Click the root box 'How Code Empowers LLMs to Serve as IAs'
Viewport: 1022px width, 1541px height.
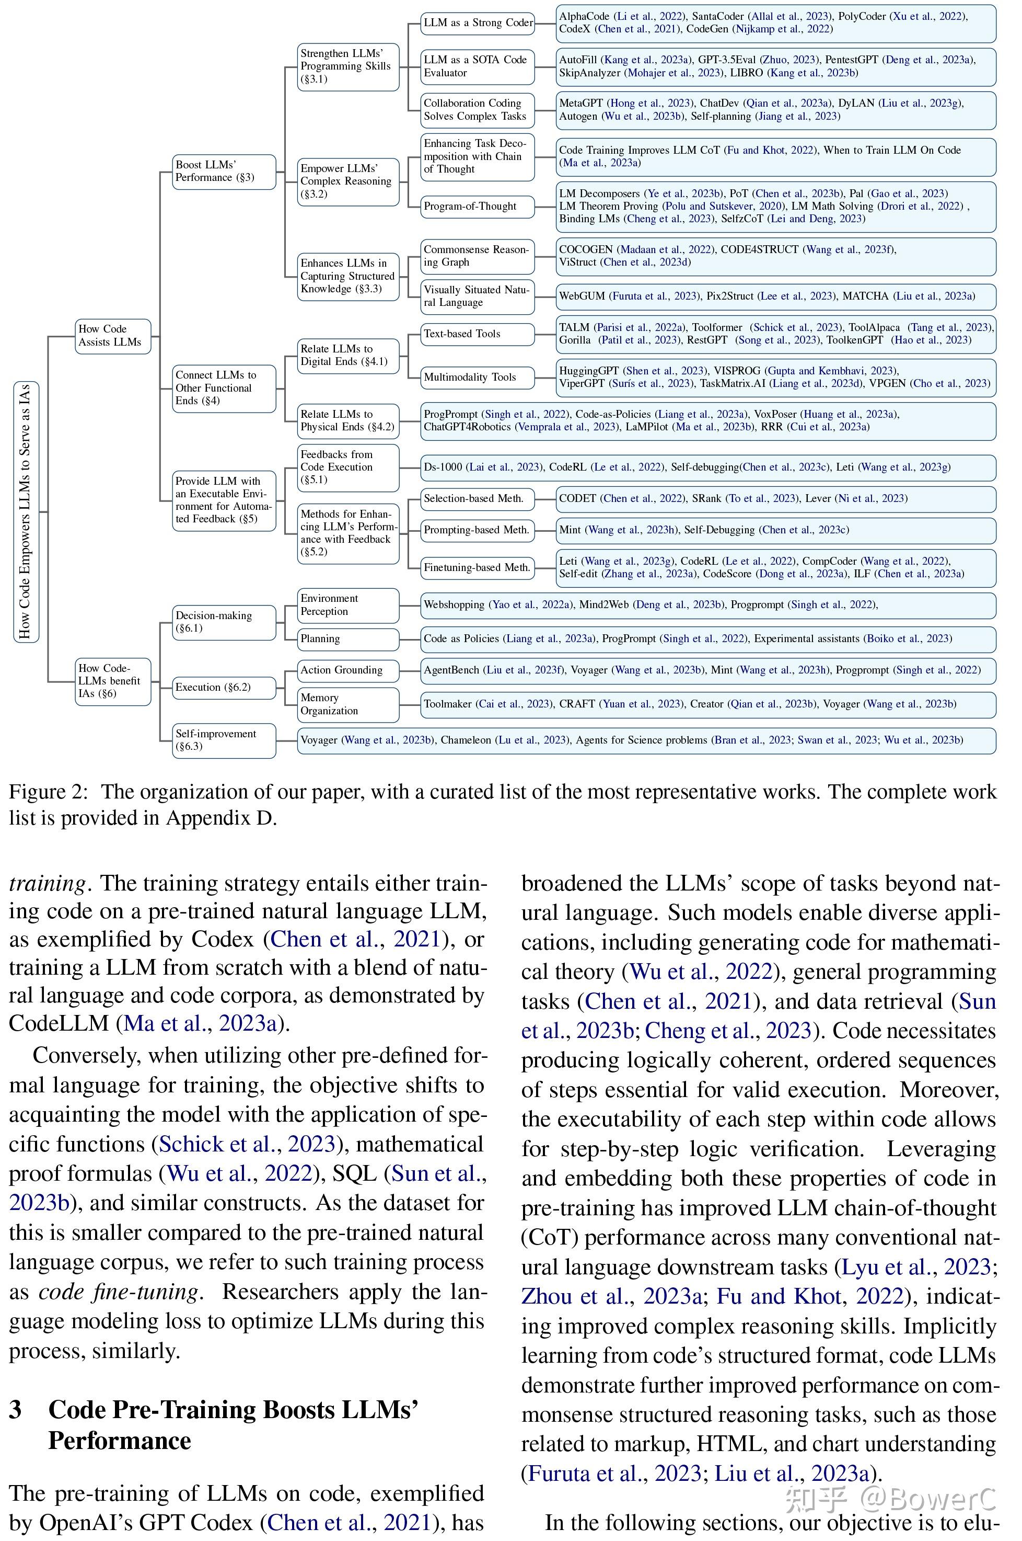[x=26, y=512]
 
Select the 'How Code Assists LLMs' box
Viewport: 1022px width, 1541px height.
[x=113, y=336]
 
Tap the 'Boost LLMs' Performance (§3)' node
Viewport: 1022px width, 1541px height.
[x=224, y=172]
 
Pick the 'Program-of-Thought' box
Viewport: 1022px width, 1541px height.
[x=477, y=207]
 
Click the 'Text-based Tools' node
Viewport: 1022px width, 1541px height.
[x=477, y=334]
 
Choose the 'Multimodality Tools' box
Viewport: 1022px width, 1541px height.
[x=477, y=378]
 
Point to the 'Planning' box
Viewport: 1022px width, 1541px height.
[x=348, y=639]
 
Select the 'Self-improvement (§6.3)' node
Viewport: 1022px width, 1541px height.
[x=224, y=740]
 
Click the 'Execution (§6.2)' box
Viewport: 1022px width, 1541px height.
[x=224, y=687]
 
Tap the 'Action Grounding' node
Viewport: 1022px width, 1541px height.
[x=348, y=670]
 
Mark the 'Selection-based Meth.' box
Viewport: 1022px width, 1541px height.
[x=477, y=499]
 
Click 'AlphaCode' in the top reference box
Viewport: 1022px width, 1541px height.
[x=584, y=16]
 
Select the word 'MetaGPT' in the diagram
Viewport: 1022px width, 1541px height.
[x=582, y=103]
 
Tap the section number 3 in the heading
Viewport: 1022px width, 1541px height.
[x=16, y=1409]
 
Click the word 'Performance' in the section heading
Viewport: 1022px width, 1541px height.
[x=120, y=1440]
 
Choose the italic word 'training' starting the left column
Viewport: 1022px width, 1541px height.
[x=47, y=884]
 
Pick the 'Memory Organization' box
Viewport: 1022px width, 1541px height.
[x=348, y=705]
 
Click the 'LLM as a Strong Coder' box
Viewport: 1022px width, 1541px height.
[x=477, y=24]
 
